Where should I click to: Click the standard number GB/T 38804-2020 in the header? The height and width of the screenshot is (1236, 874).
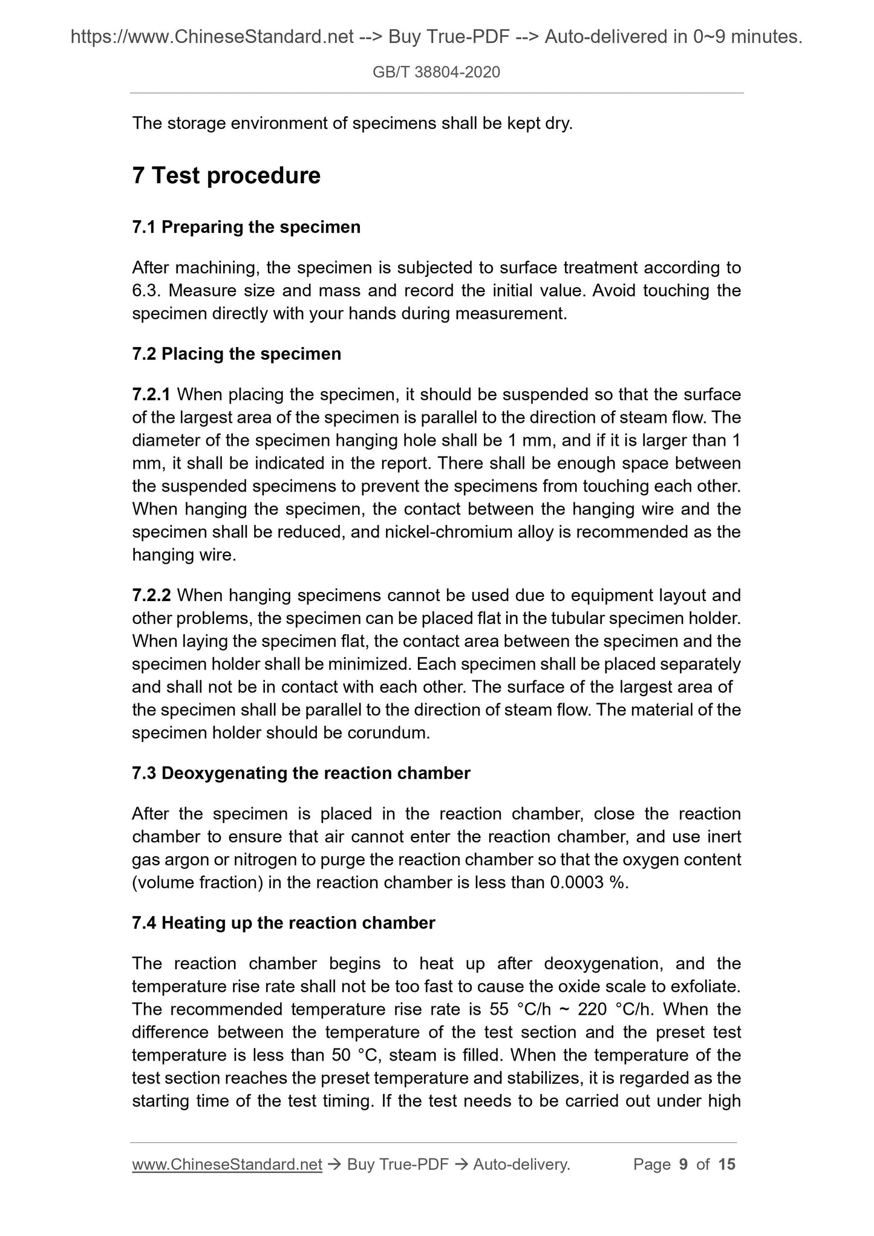(x=436, y=73)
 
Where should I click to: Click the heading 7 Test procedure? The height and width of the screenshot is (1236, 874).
(x=226, y=176)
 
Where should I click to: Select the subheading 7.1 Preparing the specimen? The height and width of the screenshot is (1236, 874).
(x=246, y=227)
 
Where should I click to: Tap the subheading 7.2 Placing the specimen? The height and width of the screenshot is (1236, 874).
(x=236, y=354)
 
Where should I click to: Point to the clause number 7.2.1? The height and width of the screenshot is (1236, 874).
(x=151, y=395)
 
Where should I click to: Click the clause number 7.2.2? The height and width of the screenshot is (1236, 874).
(x=151, y=596)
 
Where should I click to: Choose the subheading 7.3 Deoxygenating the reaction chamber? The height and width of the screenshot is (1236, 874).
(x=301, y=773)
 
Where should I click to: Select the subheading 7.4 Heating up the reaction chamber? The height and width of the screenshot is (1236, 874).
(x=283, y=923)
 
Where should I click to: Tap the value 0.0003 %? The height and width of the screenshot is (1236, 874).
(x=588, y=883)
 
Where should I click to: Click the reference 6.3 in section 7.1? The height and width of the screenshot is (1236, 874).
(x=144, y=291)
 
